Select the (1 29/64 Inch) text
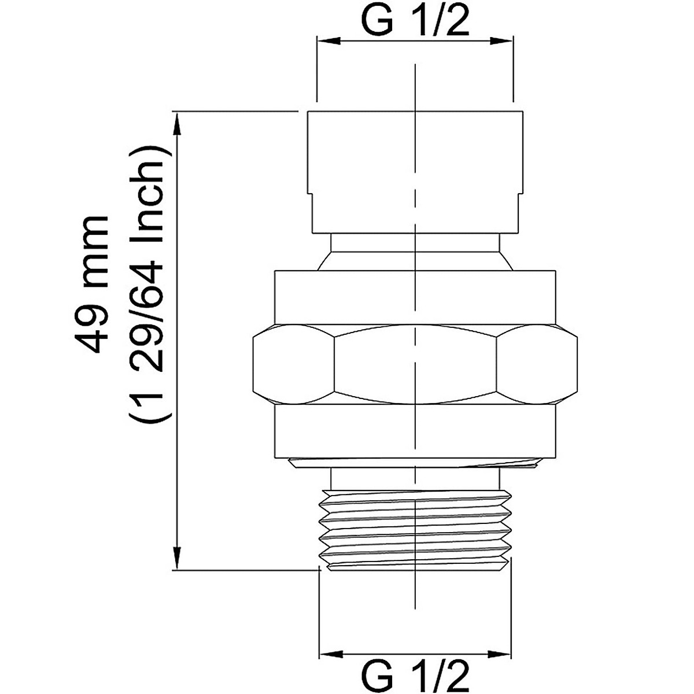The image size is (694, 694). [150, 285]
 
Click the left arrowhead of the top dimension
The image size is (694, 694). [328, 41]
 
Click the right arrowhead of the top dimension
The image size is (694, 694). [501, 41]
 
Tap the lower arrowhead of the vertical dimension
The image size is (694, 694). [176, 558]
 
